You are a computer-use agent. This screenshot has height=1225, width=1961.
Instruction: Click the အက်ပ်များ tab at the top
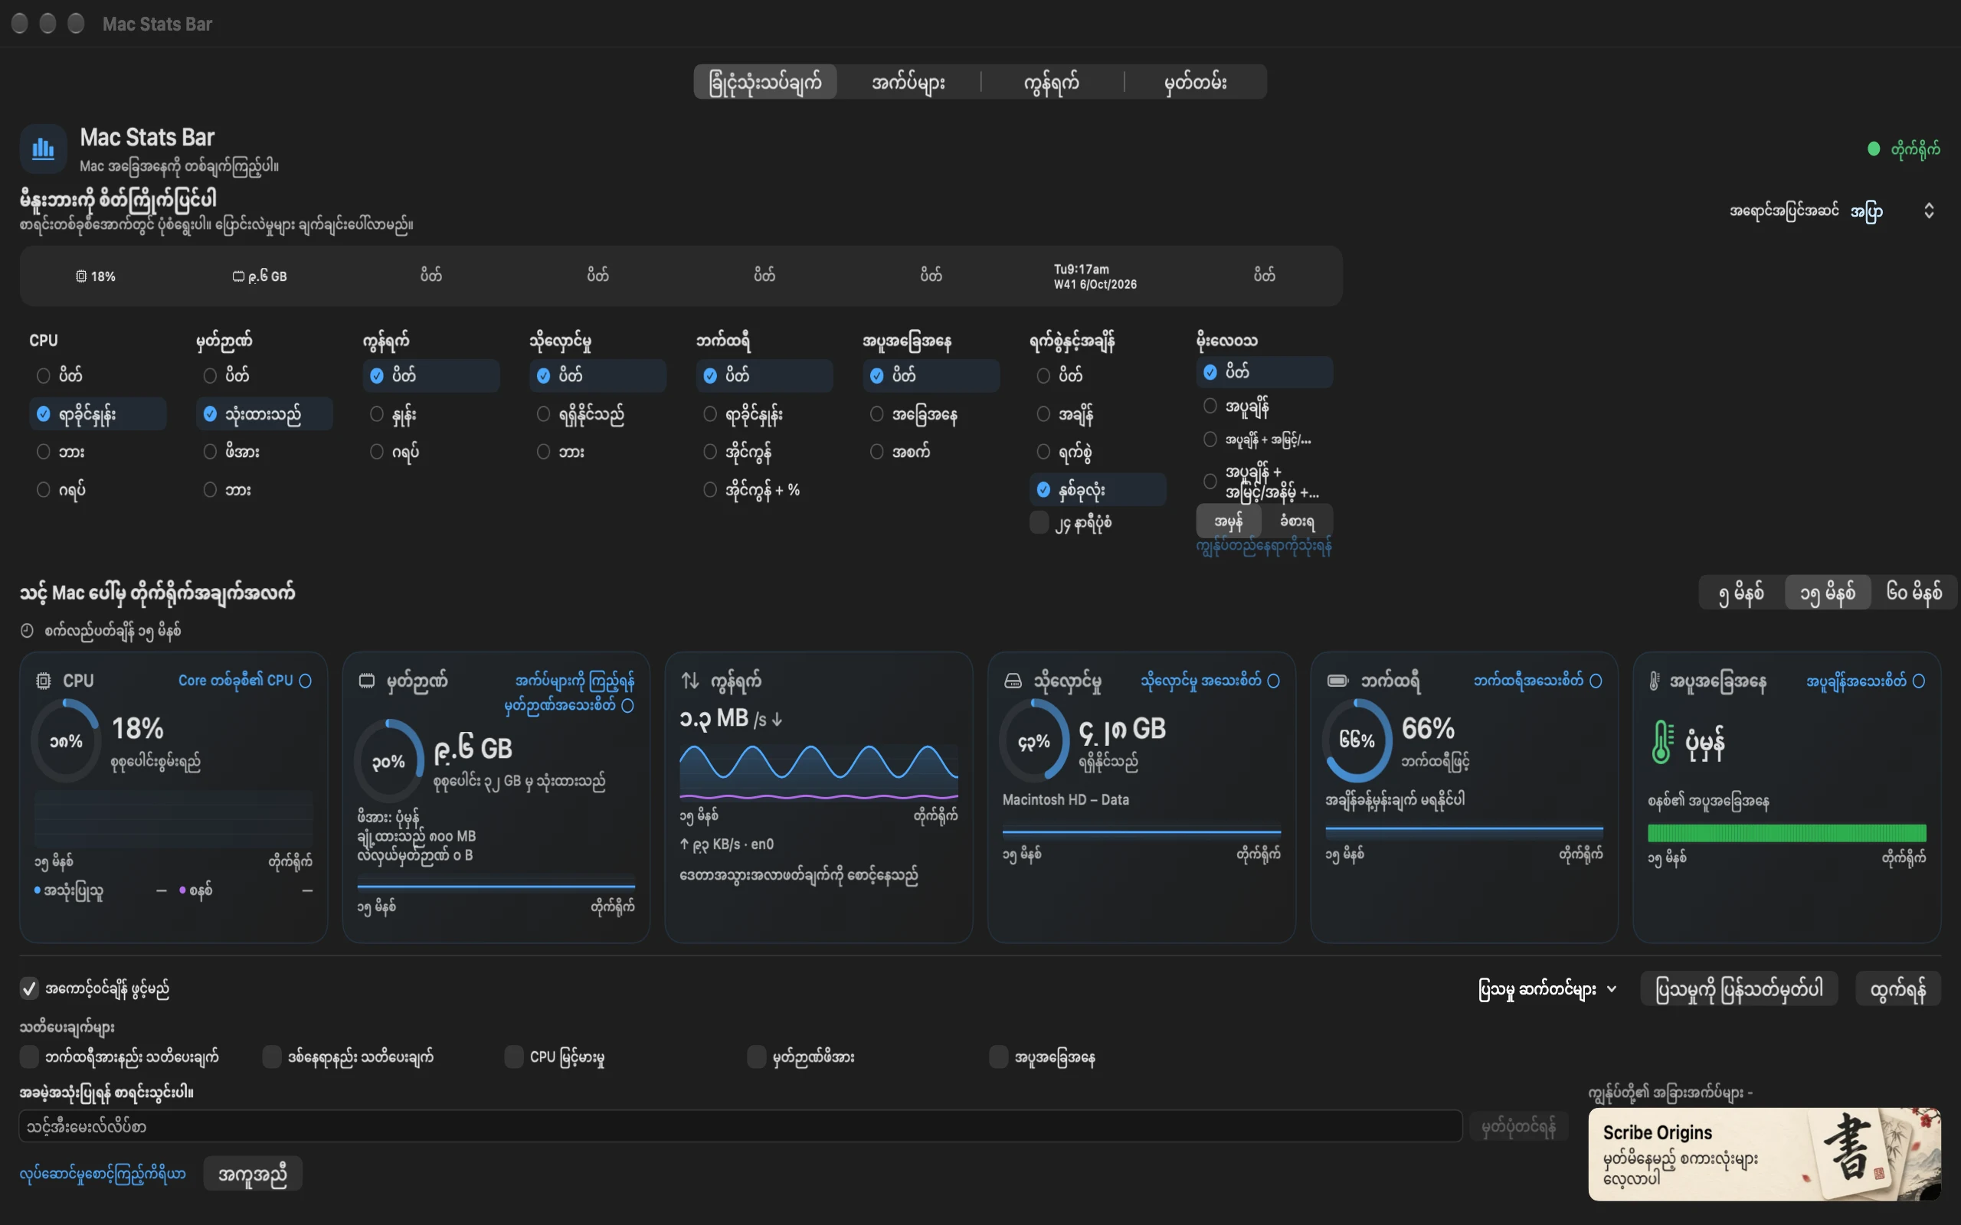(x=908, y=82)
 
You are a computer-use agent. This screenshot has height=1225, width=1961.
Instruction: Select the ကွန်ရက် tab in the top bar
(x=1051, y=82)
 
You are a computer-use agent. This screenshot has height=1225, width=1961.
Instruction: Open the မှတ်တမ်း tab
(x=1195, y=82)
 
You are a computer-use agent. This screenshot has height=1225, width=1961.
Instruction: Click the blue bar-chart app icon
(x=43, y=149)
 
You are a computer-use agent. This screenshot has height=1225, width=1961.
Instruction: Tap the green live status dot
(x=1874, y=149)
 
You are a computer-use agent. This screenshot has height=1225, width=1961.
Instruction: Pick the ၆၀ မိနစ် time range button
(x=1914, y=593)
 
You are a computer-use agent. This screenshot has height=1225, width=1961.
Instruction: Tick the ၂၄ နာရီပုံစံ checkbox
(x=1039, y=523)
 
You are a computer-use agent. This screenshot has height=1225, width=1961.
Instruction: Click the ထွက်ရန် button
(x=1897, y=989)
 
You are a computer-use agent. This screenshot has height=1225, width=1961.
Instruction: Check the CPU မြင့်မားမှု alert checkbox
(x=514, y=1057)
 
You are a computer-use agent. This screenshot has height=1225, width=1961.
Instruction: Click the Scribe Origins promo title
(x=1657, y=1132)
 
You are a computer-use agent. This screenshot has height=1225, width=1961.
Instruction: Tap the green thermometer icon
(x=1661, y=741)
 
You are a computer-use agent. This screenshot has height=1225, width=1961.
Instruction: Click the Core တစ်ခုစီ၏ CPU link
(x=236, y=681)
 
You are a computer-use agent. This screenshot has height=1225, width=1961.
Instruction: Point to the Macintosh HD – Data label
(x=1066, y=799)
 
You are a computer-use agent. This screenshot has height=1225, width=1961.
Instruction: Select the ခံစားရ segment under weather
(x=1297, y=521)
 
